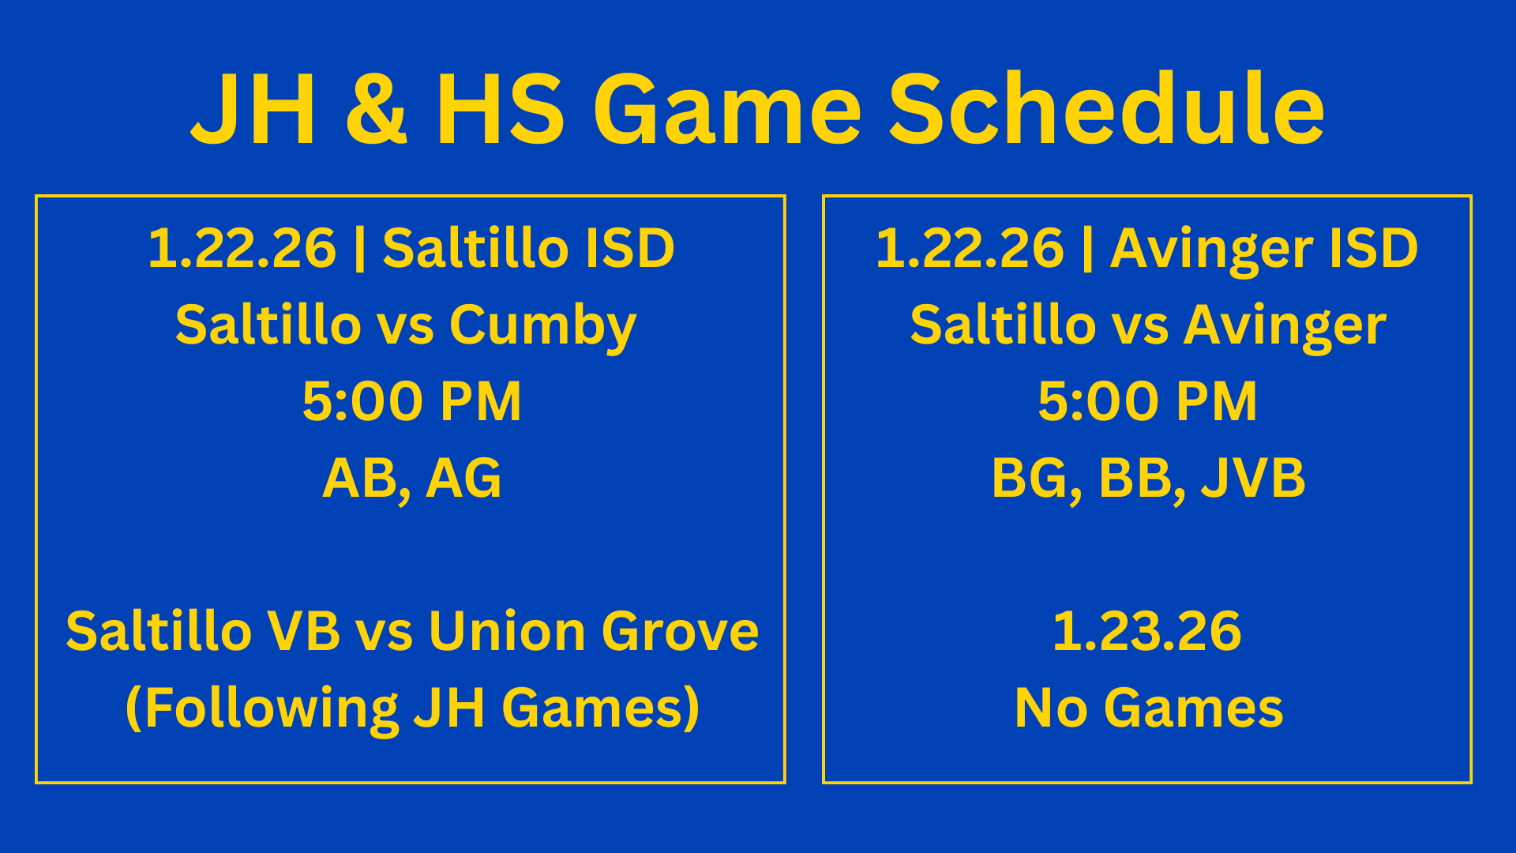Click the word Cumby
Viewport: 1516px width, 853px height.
(542, 325)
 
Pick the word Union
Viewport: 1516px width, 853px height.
(507, 631)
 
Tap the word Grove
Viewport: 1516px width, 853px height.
(680, 631)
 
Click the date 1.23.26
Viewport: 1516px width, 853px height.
(1147, 631)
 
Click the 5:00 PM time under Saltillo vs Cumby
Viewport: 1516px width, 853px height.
(411, 401)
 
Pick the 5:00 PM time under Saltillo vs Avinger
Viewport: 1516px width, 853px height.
(1147, 401)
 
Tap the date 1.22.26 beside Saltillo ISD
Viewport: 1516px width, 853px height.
(242, 248)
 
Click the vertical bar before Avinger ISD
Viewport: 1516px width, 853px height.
(1088, 248)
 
